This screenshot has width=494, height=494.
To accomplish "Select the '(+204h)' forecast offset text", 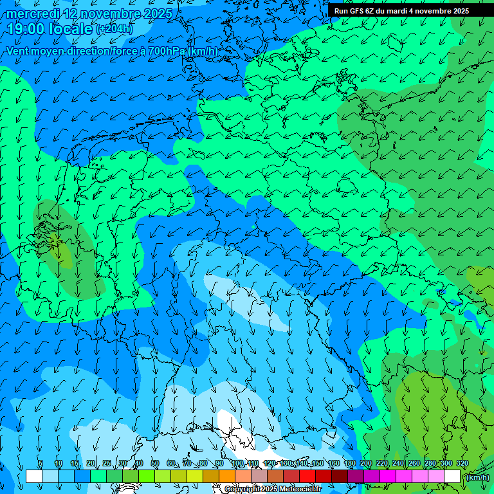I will [x=114, y=30].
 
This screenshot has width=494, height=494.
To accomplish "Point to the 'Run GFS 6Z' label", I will [x=354, y=11].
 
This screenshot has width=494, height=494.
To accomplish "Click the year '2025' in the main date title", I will [x=157, y=14].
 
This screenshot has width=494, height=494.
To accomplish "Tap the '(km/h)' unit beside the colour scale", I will [x=477, y=477].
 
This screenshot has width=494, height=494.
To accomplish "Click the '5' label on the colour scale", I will [x=41, y=464].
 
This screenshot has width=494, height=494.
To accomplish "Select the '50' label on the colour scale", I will [x=155, y=464].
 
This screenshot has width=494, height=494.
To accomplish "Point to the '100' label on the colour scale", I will [x=237, y=464].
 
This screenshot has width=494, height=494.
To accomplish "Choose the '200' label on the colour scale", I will [x=366, y=464].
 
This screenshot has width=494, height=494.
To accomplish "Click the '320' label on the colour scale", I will [x=462, y=464].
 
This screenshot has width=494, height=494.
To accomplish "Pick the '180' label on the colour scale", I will [x=350, y=464].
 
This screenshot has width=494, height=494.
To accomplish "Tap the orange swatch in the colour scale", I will [x=227, y=477].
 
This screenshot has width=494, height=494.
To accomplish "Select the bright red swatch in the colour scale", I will [x=307, y=477].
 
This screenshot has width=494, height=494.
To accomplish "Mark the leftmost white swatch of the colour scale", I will [x=34, y=477].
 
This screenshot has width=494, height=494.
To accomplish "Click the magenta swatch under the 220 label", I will [x=388, y=477].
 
